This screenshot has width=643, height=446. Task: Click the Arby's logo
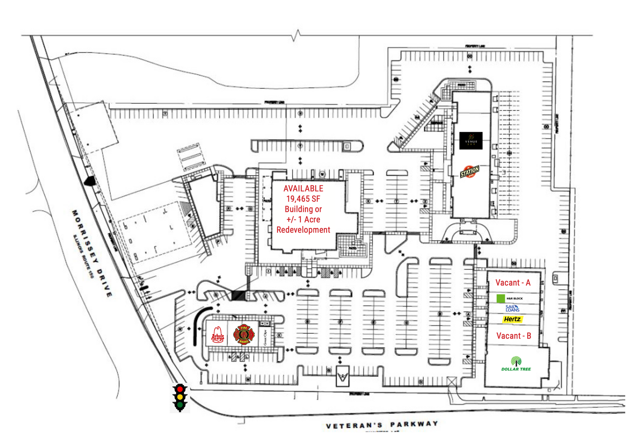click(x=218, y=335)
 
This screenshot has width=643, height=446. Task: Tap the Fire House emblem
click(x=244, y=334)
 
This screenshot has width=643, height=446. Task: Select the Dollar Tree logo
click(x=516, y=364)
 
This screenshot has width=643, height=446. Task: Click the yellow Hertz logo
click(x=512, y=319)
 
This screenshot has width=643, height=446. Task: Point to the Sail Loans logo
click(x=512, y=308)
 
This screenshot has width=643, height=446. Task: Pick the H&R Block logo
click(x=510, y=298)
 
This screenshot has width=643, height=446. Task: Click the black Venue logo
click(x=471, y=141)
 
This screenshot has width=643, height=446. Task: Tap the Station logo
click(x=469, y=172)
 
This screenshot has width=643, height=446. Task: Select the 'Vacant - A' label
click(x=513, y=283)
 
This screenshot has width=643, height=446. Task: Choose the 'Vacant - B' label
click(x=513, y=336)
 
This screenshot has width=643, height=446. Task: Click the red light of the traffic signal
click(x=180, y=389)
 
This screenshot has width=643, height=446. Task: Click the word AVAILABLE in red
click(x=303, y=188)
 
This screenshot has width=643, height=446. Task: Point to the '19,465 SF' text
click(x=303, y=199)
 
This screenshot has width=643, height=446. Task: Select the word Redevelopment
click(x=303, y=230)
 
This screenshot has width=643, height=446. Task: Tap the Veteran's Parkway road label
click(x=382, y=425)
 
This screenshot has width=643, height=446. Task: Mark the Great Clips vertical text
click(x=265, y=337)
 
